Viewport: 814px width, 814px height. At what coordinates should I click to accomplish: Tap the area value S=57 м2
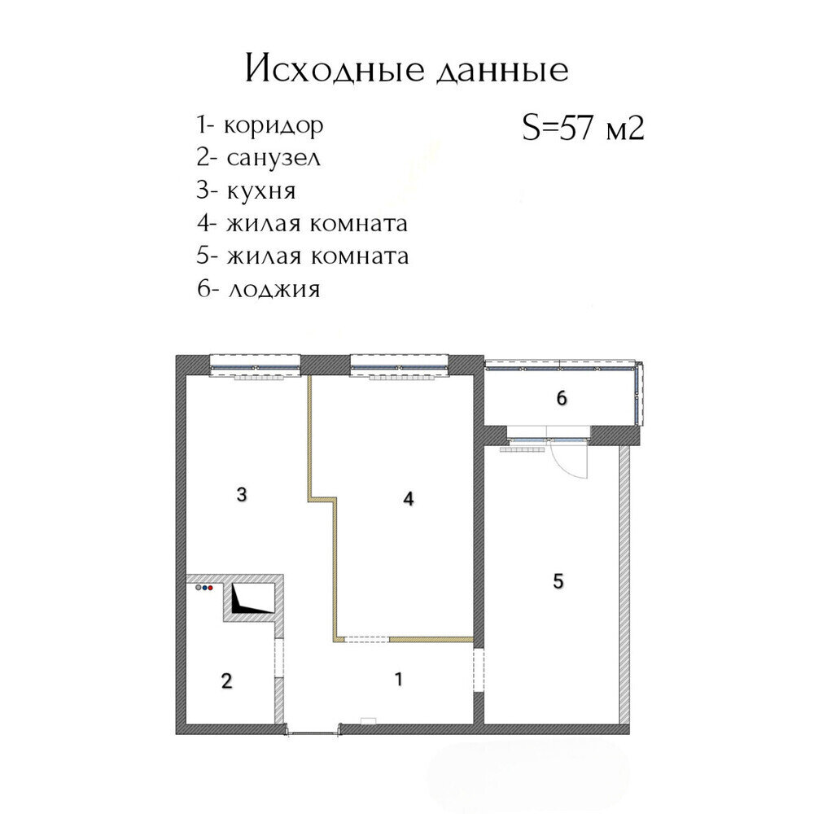coord(583,128)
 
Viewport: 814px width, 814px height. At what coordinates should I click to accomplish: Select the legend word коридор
coord(274,125)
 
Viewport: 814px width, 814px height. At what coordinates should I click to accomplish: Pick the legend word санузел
coord(274,159)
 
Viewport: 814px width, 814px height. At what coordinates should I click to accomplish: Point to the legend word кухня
coord(261,191)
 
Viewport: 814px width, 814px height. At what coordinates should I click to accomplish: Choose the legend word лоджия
coord(274,289)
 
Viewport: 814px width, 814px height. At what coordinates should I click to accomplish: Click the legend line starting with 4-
coord(302,224)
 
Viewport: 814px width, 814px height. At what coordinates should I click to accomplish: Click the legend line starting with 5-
coord(302,256)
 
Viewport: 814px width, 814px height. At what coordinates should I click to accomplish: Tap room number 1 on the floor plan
coord(399,679)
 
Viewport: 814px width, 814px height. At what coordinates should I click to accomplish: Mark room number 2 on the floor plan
coord(226,681)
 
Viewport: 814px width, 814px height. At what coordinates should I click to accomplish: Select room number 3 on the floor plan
coord(242,494)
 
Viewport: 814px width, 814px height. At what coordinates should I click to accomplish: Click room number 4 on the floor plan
coord(409,499)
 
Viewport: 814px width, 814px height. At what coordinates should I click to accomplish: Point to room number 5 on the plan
coord(558,581)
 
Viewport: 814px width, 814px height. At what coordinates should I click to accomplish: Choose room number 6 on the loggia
coord(561,399)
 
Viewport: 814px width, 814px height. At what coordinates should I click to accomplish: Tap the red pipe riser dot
coord(211,589)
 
